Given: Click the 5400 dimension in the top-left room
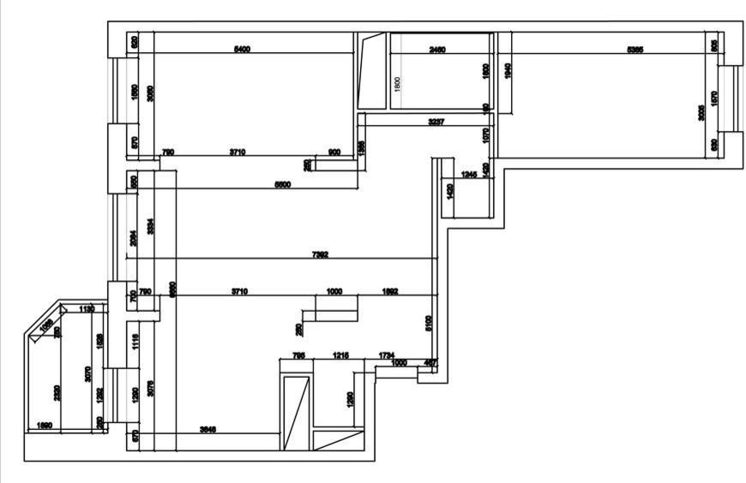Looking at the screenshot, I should point(242,50).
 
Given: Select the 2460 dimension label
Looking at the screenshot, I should point(437,51).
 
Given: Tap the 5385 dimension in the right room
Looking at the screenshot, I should point(635,50).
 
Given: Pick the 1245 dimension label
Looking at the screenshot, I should point(469,175).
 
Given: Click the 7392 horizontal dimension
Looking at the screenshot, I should point(320,254).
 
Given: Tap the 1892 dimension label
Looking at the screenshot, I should point(389,292).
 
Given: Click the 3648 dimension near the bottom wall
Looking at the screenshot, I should point(208,429).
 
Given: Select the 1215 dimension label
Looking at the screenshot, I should point(340,355).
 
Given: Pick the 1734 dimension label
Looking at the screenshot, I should point(388,355).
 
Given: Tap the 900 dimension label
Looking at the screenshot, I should point(334,152).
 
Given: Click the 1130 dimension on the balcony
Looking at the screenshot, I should point(86,309).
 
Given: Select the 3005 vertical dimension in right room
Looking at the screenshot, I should point(701,111).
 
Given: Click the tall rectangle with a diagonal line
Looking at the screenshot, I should point(297,412).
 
